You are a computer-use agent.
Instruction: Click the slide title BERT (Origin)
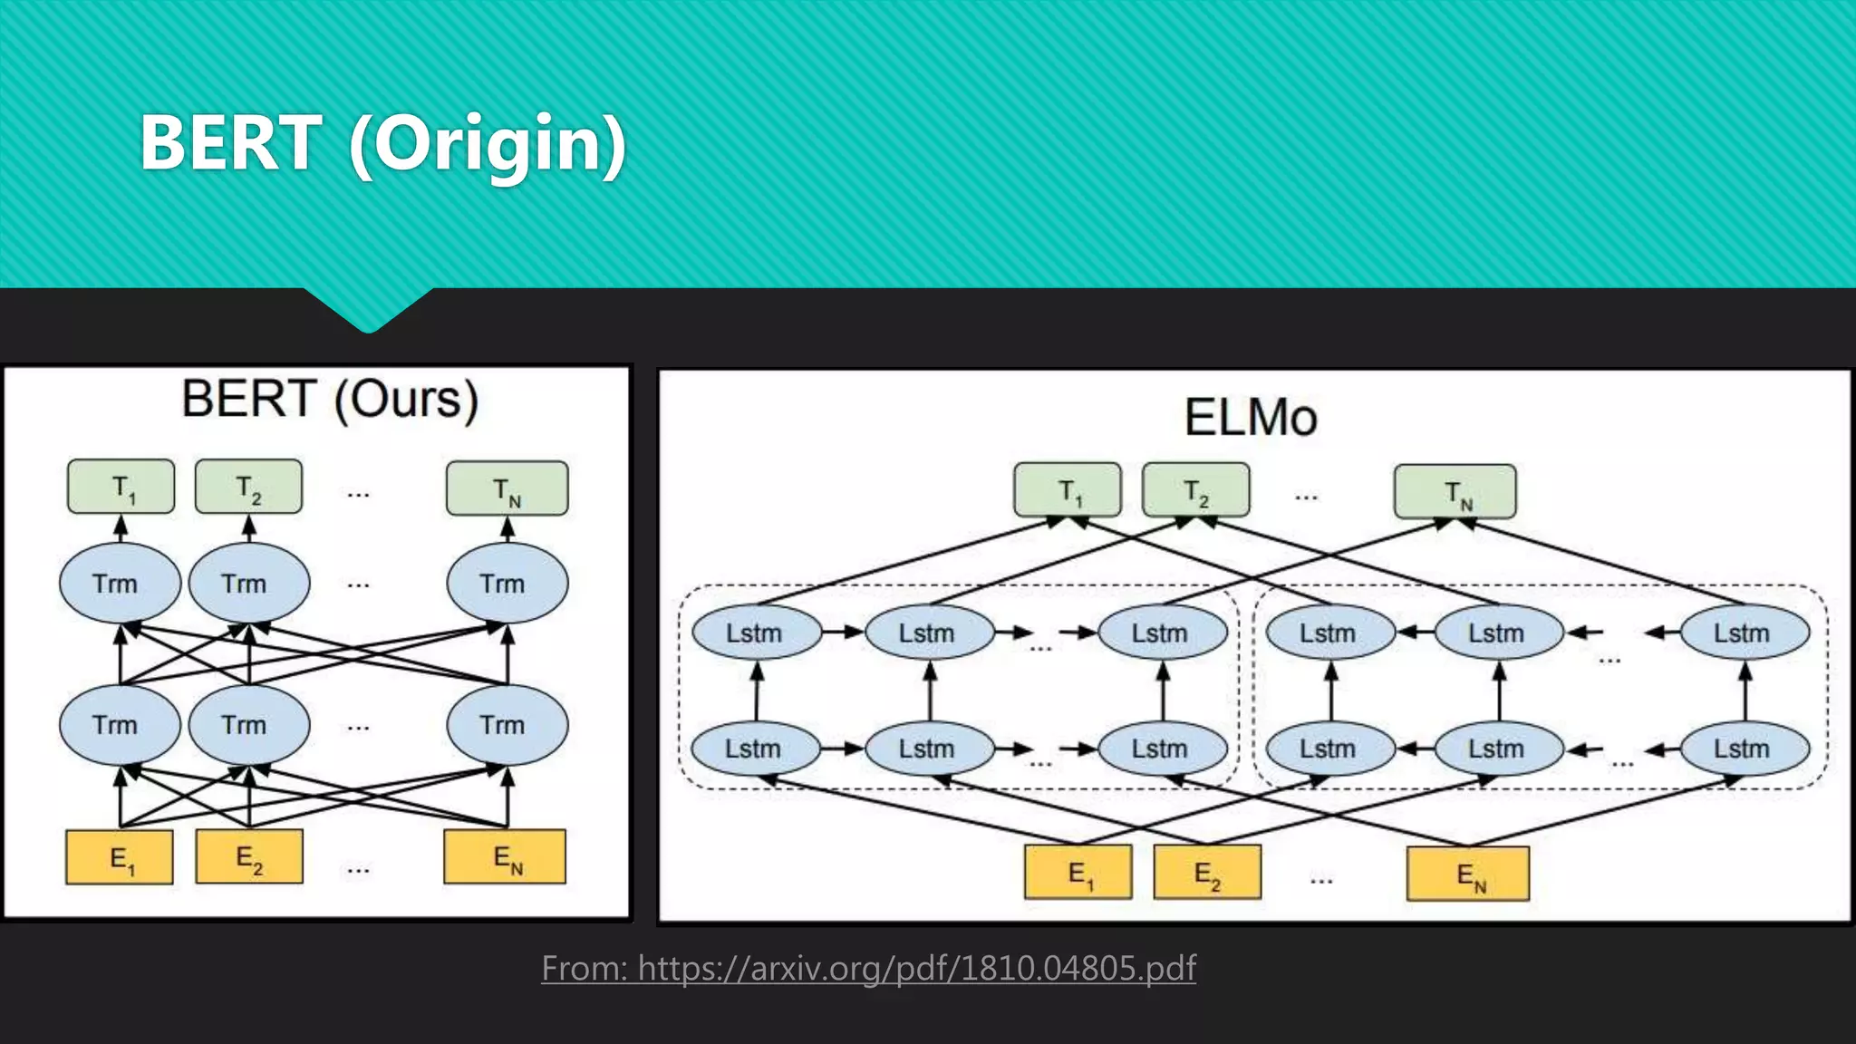[382, 143]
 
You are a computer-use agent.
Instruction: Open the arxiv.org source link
[868, 968]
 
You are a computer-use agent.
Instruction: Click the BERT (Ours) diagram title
[330, 399]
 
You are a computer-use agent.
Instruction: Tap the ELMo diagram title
[1251, 418]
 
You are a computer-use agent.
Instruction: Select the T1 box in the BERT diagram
[121, 488]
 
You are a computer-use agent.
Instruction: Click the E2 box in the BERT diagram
[249, 856]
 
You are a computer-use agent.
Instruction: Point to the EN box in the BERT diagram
[505, 856]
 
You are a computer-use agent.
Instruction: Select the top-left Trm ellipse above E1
[119, 584]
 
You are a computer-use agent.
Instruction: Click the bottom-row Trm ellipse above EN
[507, 725]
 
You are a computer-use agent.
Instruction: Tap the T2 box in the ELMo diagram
[1196, 491]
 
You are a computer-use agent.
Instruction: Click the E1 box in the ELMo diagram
[1078, 873]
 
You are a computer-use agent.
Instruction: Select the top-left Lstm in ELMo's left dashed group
[756, 633]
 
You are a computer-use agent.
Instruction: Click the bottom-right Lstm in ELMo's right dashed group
[1744, 749]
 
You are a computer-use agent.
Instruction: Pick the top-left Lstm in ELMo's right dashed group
[1329, 633]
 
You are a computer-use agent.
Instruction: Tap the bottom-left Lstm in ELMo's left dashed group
[754, 749]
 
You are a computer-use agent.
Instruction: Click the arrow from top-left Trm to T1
[121, 528]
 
